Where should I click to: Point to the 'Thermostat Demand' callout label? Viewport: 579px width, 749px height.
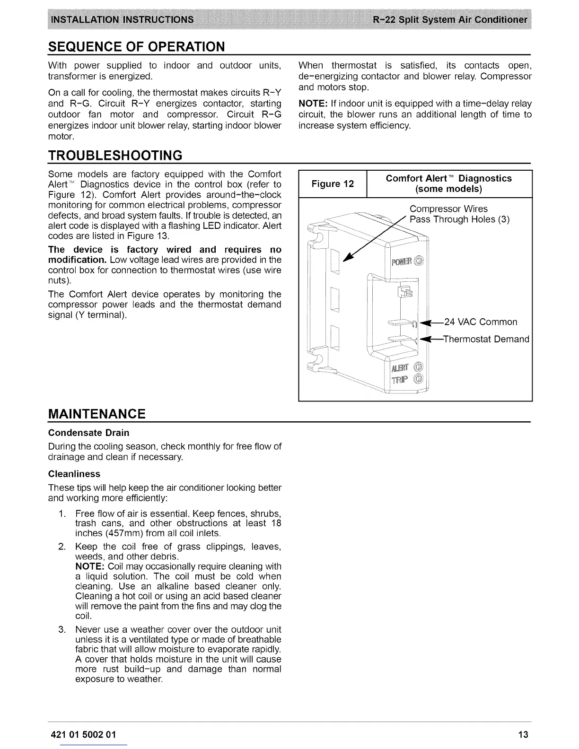pos(487,339)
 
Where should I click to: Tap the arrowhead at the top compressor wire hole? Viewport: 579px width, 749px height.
pos(348,257)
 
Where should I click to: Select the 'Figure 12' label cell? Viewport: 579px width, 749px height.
pos(333,183)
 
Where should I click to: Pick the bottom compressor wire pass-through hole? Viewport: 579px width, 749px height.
pos(335,336)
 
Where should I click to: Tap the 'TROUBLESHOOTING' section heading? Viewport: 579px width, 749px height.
pos(115,155)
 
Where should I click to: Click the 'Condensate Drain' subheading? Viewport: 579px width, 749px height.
pos(88,433)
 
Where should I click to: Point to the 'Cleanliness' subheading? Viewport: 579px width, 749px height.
pos(74,474)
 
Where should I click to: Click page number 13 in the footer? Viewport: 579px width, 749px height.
pos(523,734)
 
